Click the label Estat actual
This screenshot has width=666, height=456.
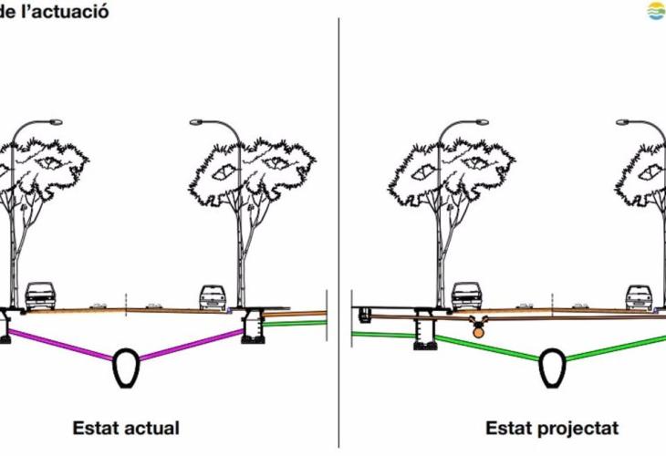click(x=126, y=428)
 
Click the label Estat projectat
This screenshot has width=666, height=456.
click(x=552, y=428)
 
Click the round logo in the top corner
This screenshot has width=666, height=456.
click(x=656, y=11)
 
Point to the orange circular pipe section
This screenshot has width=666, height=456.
click(x=478, y=332)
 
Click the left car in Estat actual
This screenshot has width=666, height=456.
click(x=40, y=295)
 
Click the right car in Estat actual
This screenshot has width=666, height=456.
click(x=213, y=296)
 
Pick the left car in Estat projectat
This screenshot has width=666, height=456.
click(x=466, y=295)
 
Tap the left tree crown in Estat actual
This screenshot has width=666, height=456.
click(x=46, y=164)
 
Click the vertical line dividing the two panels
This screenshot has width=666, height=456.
click(x=338, y=228)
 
